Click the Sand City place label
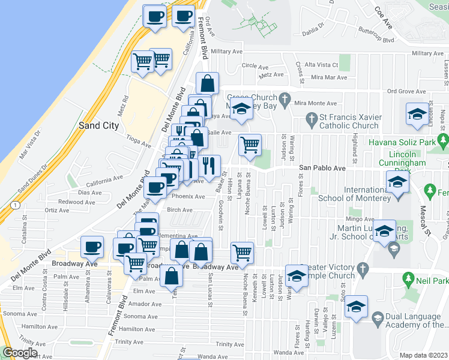[98, 126]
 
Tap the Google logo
[20, 353]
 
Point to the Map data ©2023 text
[424, 355]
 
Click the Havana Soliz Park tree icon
[444, 140]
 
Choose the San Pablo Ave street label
[323, 169]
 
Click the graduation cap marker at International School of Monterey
[397, 181]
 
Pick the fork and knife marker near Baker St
[209, 164]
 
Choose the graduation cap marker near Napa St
[417, 113]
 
